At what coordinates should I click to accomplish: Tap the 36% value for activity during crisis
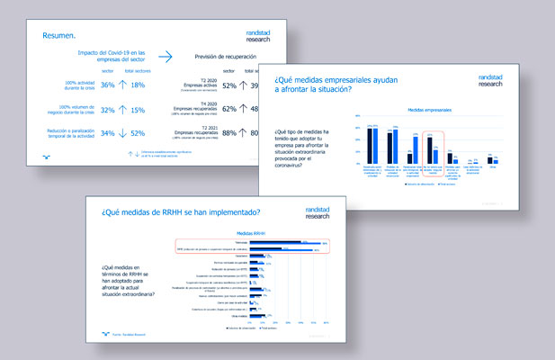(107, 85)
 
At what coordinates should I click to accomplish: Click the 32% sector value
(107, 110)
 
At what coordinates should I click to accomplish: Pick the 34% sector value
(107, 134)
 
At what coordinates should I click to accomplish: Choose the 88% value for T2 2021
(229, 134)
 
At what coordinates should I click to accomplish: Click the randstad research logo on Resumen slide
(263, 34)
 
